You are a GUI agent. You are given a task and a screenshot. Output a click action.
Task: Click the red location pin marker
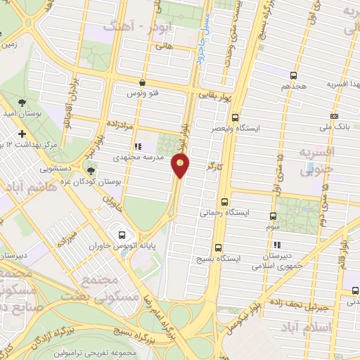[x=181, y=165]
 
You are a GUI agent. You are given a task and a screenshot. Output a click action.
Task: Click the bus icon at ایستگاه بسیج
[x=218, y=247]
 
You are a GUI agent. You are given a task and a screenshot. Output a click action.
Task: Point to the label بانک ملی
[x=333, y=128]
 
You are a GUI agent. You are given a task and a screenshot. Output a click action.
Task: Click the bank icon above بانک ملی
[x=333, y=117]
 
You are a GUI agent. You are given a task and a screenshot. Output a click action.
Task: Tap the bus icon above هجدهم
[x=293, y=75]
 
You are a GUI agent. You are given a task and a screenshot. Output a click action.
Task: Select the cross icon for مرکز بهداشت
[x=22, y=134]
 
